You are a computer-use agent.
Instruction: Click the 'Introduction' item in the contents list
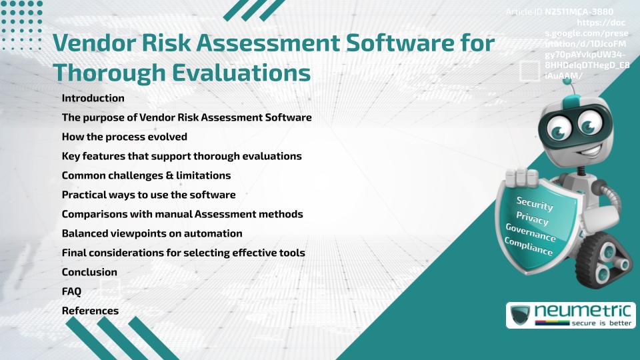click(93, 98)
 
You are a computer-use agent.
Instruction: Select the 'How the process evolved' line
click(124, 137)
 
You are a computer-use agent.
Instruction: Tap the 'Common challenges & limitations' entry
click(146, 175)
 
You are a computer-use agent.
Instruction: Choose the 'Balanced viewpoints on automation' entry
click(151, 233)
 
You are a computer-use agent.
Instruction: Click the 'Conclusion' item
click(89, 272)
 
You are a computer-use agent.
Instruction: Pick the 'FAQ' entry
click(71, 291)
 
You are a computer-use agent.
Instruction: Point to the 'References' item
click(90, 311)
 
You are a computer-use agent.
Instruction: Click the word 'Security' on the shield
click(535, 203)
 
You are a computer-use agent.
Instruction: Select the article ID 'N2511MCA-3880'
click(579, 11)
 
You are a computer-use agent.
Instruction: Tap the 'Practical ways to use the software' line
click(149, 195)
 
